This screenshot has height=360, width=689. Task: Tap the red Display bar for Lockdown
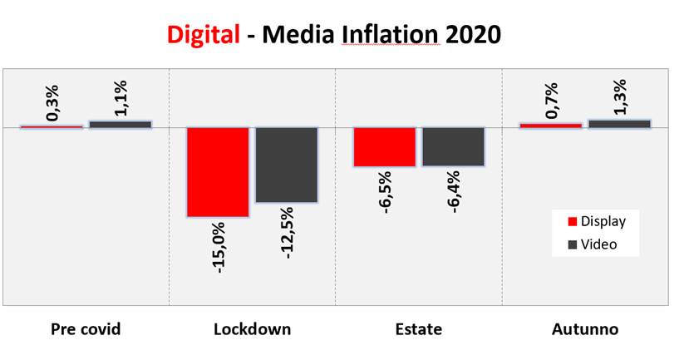pyautogui.click(x=217, y=171)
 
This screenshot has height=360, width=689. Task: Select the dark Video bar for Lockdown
pyautogui.click(x=286, y=165)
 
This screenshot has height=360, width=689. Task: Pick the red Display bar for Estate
pyautogui.click(x=384, y=147)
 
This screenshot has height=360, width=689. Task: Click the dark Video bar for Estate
pyautogui.click(x=453, y=146)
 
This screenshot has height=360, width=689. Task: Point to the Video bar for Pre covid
pyautogui.click(x=121, y=124)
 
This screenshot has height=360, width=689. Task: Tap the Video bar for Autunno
pyautogui.click(x=619, y=123)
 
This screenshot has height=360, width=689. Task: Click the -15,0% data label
pyautogui.click(x=219, y=248)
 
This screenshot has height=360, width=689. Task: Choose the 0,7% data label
pyautogui.click(x=550, y=101)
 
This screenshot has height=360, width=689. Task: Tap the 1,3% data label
pyautogui.click(x=619, y=96)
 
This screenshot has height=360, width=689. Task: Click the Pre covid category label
pyautogui.click(x=86, y=329)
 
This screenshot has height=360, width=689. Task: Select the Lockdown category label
pyautogui.click(x=252, y=329)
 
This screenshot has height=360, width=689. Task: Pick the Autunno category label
pyautogui.click(x=585, y=329)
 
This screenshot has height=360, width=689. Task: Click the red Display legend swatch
pyautogui.click(x=572, y=222)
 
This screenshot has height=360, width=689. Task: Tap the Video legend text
pyautogui.click(x=598, y=244)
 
